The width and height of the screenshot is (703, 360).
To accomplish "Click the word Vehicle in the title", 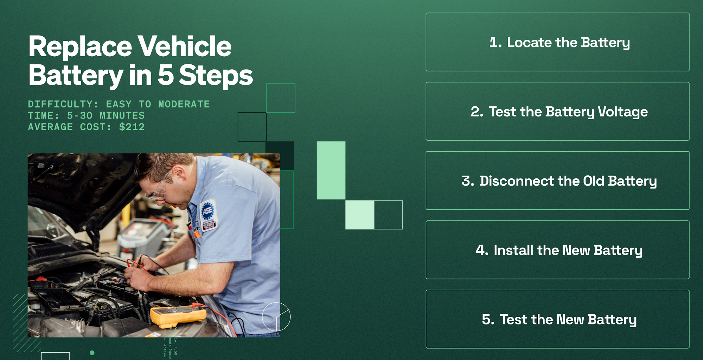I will [184, 46].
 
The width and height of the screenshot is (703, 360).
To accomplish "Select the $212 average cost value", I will [132, 127].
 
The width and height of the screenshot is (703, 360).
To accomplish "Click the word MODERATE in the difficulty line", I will [184, 104].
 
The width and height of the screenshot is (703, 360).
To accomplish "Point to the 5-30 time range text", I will [79, 116].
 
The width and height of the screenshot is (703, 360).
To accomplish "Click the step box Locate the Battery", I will [557, 42].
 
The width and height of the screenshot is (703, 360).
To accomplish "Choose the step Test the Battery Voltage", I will [557, 112].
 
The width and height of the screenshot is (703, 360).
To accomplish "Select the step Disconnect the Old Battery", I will [557, 181].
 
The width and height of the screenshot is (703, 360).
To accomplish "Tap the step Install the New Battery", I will [557, 250].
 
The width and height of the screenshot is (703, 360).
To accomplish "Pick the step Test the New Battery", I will [557, 320].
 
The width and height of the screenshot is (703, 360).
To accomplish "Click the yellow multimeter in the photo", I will [178, 315].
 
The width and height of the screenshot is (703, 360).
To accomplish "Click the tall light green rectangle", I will [331, 170].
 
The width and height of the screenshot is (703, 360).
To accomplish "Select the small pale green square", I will [359, 215].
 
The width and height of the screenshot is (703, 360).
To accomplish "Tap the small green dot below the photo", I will [92, 353].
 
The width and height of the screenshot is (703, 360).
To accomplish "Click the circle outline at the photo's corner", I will [276, 317].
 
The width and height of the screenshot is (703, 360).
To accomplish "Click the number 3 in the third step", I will [467, 181].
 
